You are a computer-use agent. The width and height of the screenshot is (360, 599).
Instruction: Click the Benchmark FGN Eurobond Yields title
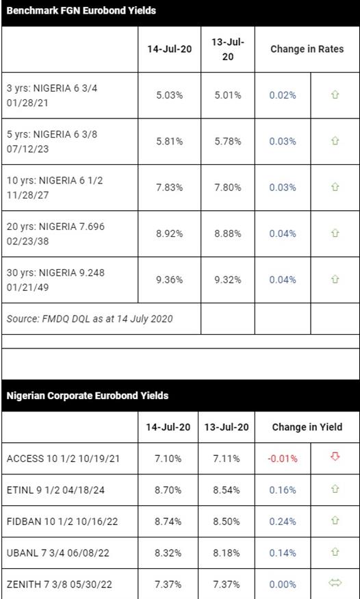pyautogui.click(x=81, y=11)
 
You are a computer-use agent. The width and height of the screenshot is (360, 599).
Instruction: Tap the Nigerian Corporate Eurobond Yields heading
pyautogui.click(x=88, y=396)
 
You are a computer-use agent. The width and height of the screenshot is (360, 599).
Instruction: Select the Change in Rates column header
pyautogui.click(x=307, y=49)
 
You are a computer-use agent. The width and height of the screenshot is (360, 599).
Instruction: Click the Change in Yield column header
pyautogui.click(x=307, y=427)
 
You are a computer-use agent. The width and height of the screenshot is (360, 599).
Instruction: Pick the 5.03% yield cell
pyautogui.click(x=170, y=95)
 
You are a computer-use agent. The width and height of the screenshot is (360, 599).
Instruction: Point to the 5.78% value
pyautogui.click(x=227, y=141)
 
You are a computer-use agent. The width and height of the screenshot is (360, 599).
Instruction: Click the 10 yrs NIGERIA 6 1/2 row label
pyautogui.click(x=55, y=188)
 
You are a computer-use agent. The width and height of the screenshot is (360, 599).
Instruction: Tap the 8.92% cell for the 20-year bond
pyautogui.click(x=170, y=234)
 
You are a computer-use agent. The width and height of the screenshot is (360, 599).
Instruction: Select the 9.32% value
pyautogui.click(x=227, y=280)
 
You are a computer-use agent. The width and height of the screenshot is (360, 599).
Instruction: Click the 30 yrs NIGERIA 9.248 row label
pyautogui.click(x=55, y=280)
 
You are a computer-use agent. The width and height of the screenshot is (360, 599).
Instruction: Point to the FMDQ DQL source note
pyautogui.click(x=90, y=318)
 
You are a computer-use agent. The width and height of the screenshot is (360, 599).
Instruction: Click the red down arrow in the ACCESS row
pyautogui.click(x=335, y=457)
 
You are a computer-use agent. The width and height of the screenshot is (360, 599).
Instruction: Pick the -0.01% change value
pyautogui.click(x=283, y=459)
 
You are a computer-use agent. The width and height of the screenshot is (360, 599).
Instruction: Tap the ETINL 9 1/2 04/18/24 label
pyautogui.click(x=55, y=490)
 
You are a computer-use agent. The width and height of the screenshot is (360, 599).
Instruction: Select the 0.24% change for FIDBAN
pyautogui.click(x=283, y=522)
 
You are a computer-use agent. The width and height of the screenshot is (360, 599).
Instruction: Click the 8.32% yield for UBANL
pyautogui.click(x=168, y=552)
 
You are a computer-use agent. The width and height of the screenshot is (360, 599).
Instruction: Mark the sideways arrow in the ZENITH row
pyautogui.click(x=335, y=583)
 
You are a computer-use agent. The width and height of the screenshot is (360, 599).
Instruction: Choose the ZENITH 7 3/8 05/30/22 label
pyautogui.click(x=59, y=584)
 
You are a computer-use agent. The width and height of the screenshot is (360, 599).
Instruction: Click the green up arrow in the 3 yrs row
pyautogui.click(x=335, y=94)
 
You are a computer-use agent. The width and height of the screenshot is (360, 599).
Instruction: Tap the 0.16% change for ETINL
pyautogui.click(x=283, y=490)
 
